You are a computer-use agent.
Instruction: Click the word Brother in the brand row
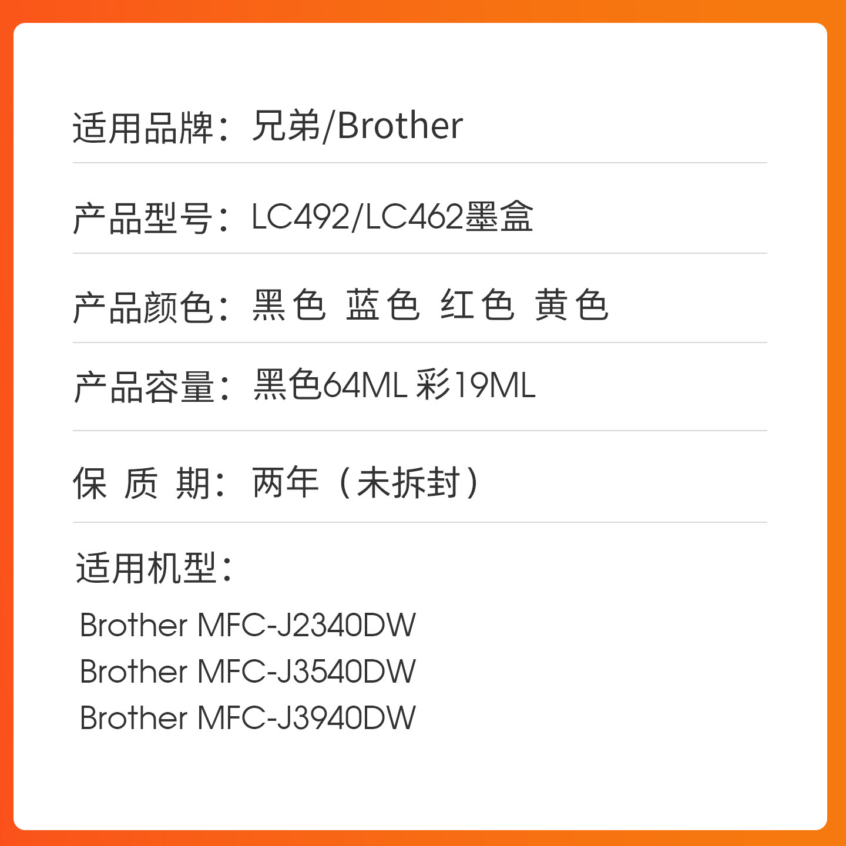click(x=400, y=126)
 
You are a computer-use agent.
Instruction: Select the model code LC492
click(x=300, y=217)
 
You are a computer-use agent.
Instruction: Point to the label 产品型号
click(x=142, y=219)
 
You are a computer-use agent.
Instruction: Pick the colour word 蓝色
click(x=382, y=305)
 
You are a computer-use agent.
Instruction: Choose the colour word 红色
click(x=477, y=305)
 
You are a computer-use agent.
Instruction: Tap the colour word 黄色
click(x=571, y=305)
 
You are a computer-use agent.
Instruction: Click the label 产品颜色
click(x=142, y=307)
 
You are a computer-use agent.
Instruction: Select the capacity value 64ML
click(x=365, y=385)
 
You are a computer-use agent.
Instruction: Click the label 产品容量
click(x=143, y=388)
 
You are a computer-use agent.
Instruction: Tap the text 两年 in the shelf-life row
click(x=286, y=482)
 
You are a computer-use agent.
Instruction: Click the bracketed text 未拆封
click(x=408, y=482)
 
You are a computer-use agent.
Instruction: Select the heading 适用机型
click(x=147, y=568)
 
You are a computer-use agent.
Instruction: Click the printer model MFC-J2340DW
click(x=307, y=625)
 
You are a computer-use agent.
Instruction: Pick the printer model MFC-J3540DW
click(x=307, y=672)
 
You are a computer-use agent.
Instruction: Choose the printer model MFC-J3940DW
click(x=307, y=718)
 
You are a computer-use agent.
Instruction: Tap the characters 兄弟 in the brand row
click(x=286, y=126)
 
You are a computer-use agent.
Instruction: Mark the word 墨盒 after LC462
click(x=499, y=217)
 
